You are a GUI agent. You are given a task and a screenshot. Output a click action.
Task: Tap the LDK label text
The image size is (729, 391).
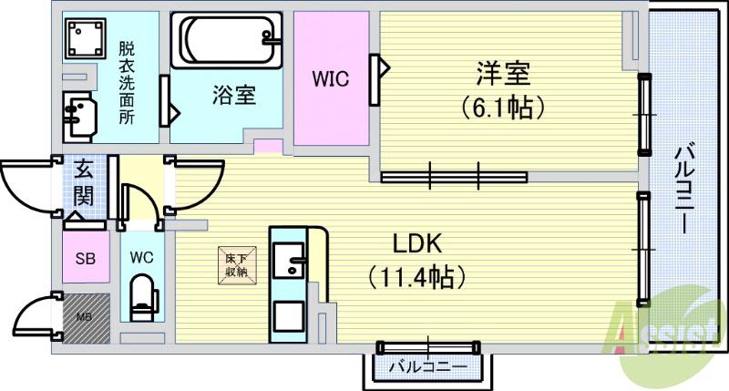(x=417, y=244)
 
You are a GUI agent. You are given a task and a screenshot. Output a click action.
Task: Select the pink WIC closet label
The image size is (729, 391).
(x=330, y=78)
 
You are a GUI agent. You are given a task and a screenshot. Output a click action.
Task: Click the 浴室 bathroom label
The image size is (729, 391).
(x=233, y=95)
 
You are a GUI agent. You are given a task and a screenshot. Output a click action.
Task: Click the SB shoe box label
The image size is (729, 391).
(x=83, y=258)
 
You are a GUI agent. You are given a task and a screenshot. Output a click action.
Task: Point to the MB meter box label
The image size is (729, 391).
(x=84, y=318)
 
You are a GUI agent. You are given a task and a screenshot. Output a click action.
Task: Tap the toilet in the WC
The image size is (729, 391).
(x=142, y=297)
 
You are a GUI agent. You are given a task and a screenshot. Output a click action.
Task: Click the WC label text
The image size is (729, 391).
(x=141, y=257)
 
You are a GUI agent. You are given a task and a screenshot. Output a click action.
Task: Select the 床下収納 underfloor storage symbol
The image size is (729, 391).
(x=235, y=264)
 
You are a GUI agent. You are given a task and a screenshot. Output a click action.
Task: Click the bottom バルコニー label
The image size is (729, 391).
(x=427, y=366)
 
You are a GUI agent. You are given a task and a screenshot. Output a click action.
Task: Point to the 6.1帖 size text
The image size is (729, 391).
(x=502, y=108)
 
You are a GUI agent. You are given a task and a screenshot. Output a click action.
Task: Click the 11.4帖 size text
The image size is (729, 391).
(x=417, y=274)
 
